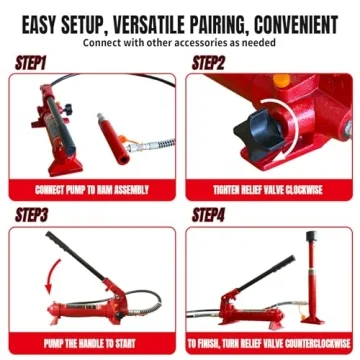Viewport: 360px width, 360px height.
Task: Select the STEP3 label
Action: pos(32,214)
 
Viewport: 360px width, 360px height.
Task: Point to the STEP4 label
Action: pos(208,214)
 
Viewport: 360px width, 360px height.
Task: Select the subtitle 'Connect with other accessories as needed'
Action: pos(180,43)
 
